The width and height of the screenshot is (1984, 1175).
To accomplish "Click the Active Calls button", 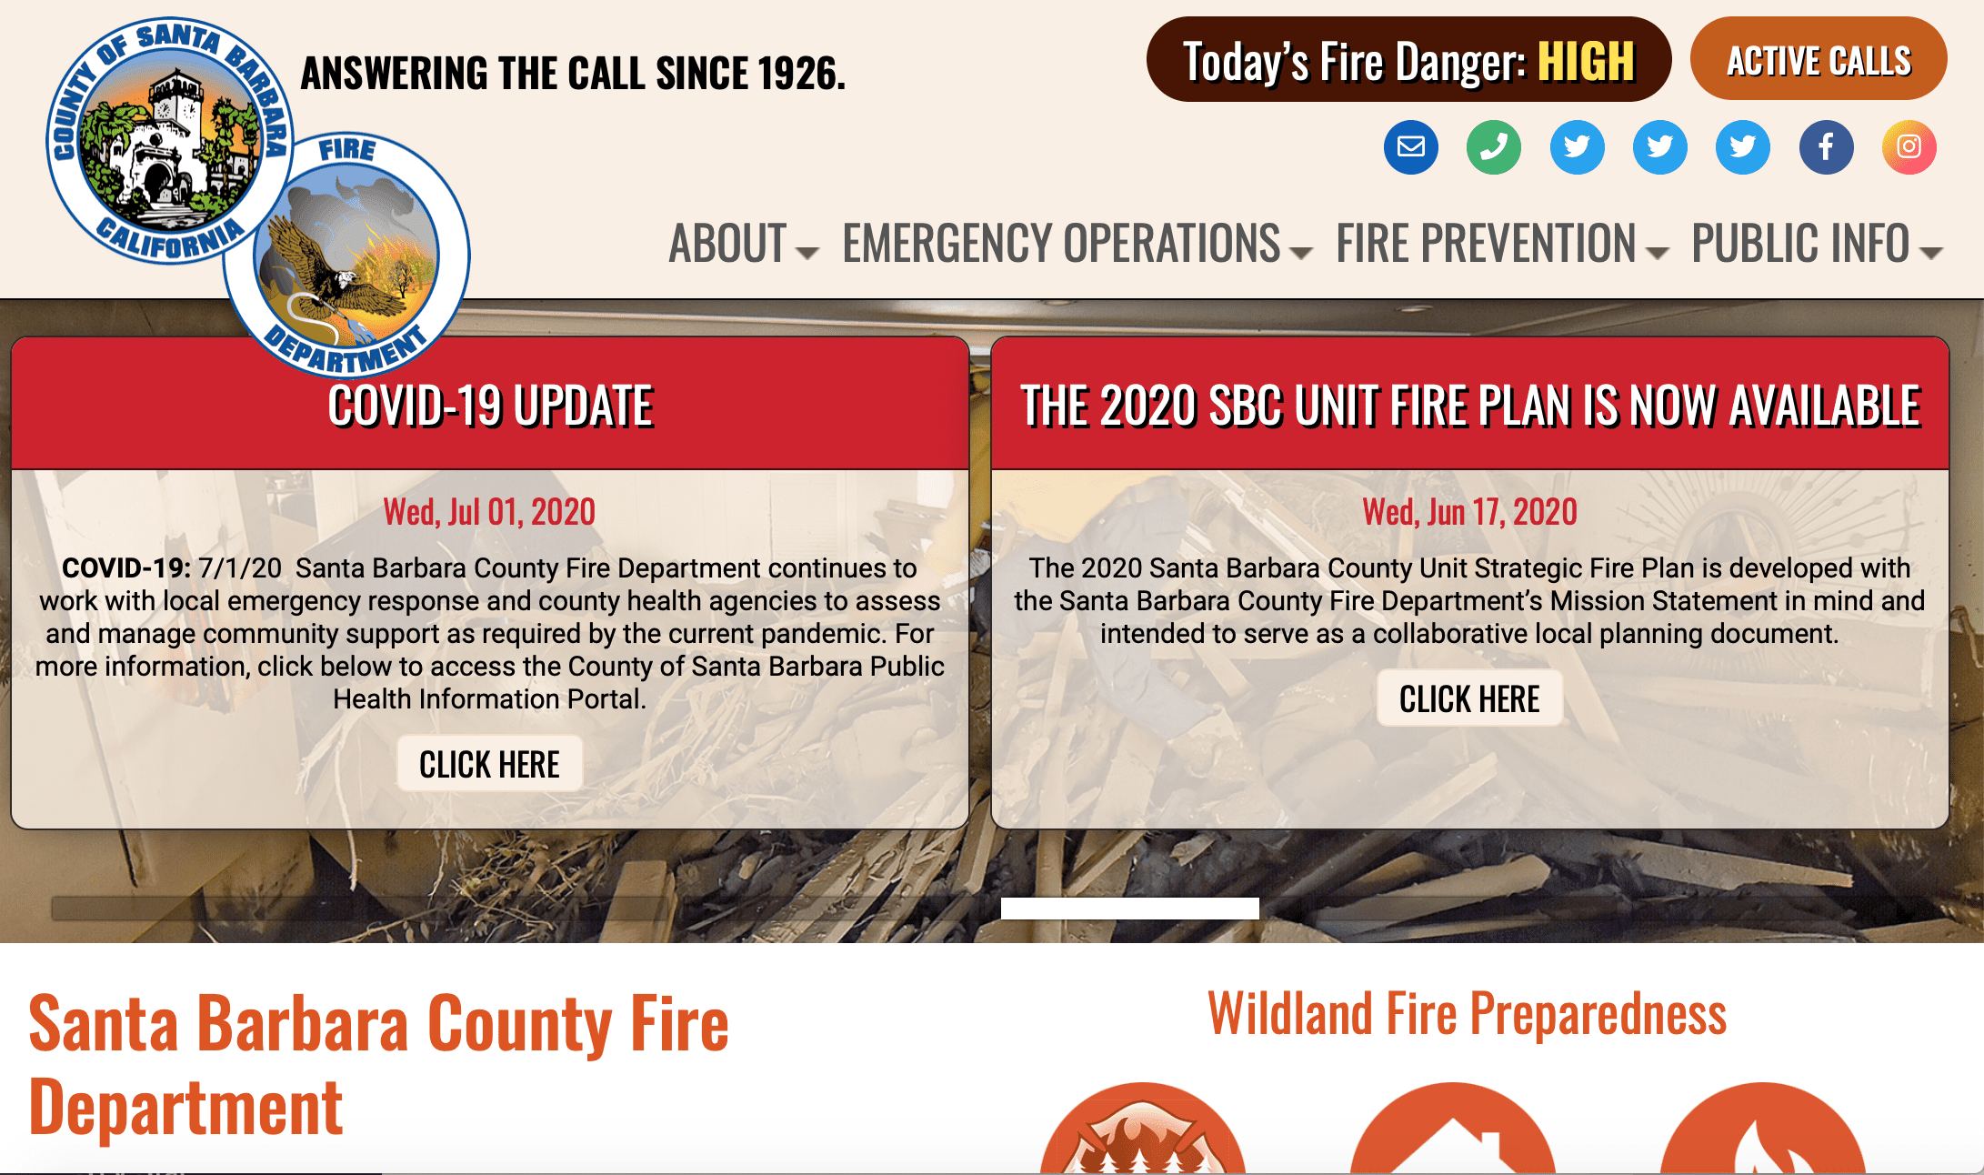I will pos(1819,60).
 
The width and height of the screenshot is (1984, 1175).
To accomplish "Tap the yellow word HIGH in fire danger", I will pos(1586,62).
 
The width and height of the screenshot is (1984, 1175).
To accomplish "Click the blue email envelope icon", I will pos(1410,146).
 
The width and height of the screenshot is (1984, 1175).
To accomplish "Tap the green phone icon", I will pos(1493,146).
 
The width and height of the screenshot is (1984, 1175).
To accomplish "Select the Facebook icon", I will pos(1826,146).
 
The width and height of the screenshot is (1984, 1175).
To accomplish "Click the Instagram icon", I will pos(1909,146).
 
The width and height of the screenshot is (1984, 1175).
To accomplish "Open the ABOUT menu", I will pos(742,244).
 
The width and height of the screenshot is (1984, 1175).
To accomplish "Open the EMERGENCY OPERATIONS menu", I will pos(1076,244).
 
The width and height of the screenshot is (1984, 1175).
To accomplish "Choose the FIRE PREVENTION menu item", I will pos(1500,244).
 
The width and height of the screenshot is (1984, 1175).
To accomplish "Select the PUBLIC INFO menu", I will pos(1815,244).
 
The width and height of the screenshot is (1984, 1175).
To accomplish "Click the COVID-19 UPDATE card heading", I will pos(490,406).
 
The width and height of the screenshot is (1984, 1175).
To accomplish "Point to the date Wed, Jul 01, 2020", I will pos(489,512).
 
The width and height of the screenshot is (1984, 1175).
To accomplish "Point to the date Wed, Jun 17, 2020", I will pos(1469,512).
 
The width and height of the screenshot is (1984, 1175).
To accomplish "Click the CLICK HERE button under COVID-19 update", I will pos(489,764).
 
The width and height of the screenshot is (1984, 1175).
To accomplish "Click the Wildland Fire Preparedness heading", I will pos(1467,1013).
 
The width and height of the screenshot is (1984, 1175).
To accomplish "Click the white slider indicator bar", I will pos(1129,908).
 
